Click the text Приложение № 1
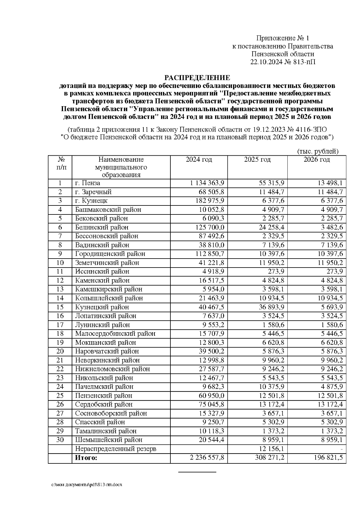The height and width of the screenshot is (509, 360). coord(282,38)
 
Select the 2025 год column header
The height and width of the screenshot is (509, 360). coord(257,160)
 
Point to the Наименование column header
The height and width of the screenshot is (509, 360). coord(121,160)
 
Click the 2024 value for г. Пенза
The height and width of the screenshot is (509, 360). coord(207,183)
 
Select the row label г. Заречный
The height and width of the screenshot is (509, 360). coord(93,192)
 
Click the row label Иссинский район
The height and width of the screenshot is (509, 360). coord(102,271)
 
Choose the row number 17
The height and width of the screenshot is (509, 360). coord(60,325)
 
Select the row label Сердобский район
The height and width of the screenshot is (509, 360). coord(104,404)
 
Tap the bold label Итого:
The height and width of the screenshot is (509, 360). coord(86,458)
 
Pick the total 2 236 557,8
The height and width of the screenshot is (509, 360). coord(207,458)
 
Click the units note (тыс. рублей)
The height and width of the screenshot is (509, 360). coord(318,151)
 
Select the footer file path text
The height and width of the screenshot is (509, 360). coord(87,485)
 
